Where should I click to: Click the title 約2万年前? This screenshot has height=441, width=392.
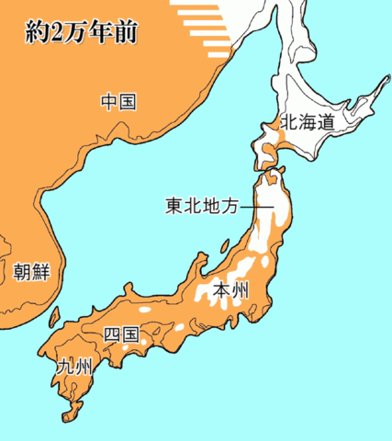(77, 32)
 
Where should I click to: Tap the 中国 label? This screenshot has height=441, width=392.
(118, 101)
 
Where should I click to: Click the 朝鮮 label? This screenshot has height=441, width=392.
(31, 273)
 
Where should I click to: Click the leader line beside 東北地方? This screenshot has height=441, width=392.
(256, 209)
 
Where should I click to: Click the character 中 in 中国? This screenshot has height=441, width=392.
(109, 101)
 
